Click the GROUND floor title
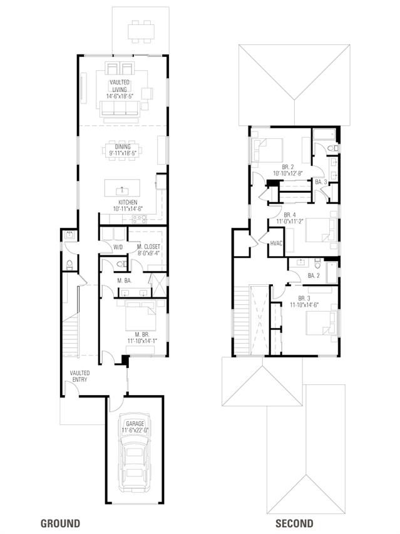(60, 523)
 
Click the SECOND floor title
(294, 523)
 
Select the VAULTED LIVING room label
(120, 86)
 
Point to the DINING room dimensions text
(123, 153)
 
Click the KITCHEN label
(128, 202)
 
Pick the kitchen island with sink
(122, 188)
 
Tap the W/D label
(118, 247)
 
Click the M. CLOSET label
(149, 247)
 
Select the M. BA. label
(124, 281)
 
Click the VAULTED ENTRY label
(80, 376)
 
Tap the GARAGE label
(135, 424)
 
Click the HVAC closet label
(276, 243)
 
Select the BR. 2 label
(288, 167)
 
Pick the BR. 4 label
(290, 215)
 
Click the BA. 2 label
(314, 275)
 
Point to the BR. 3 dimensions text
(304, 305)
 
